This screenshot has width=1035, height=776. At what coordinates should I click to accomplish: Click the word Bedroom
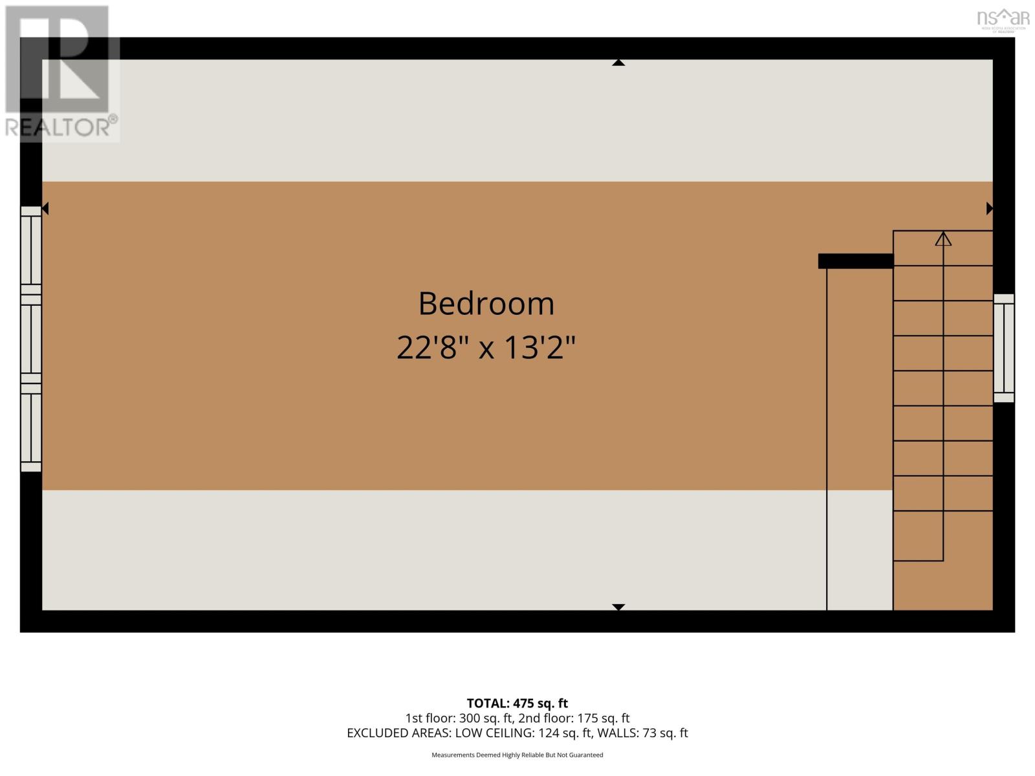click(x=486, y=304)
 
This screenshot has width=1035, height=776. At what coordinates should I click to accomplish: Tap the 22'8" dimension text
click(x=432, y=348)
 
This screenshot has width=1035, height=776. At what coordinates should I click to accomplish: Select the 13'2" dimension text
click(x=539, y=348)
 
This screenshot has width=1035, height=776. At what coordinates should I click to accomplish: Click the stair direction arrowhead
click(x=943, y=239)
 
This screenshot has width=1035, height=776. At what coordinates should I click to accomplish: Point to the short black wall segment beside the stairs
click(x=855, y=261)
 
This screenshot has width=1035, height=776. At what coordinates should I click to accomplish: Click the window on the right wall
click(x=1004, y=348)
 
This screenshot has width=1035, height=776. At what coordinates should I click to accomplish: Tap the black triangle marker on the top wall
click(x=618, y=63)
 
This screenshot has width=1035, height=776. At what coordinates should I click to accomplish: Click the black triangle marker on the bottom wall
click(x=618, y=607)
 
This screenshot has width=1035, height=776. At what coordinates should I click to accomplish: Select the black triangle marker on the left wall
click(x=45, y=208)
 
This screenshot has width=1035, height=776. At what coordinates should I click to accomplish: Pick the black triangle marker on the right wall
click(x=989, y=208)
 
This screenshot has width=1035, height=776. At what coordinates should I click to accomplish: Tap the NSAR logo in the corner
click(x=1003, y=18)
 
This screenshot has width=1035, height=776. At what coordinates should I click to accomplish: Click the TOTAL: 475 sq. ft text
click(x=517, y=703)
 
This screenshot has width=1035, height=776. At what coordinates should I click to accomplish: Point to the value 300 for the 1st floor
click(x=470, y=718)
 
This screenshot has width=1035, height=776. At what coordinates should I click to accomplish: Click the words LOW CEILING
click(x=494, y=733)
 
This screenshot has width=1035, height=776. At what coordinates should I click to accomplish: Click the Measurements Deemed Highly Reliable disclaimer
click(x=517, y=755)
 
